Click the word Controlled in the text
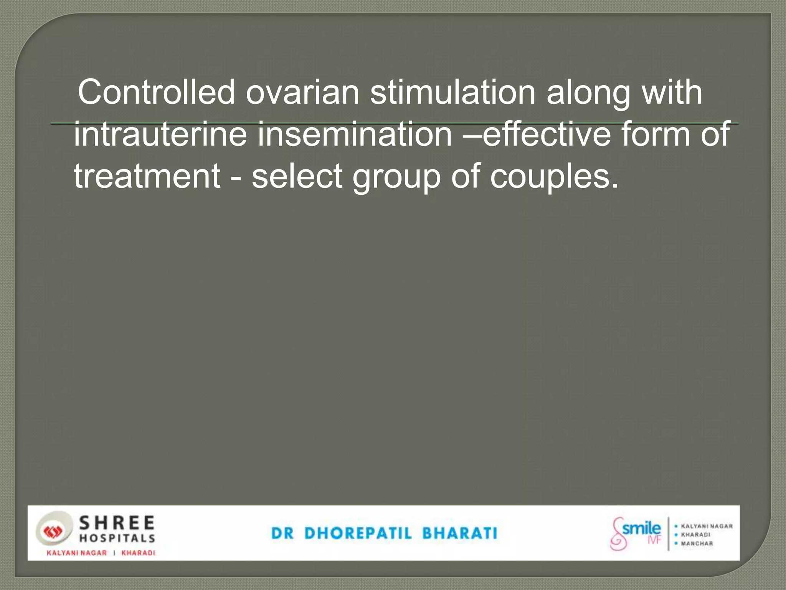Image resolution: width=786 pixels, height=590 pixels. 156,92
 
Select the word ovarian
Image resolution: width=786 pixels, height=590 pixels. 302,92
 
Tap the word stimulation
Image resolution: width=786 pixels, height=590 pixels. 452,92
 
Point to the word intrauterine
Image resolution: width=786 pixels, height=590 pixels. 160,134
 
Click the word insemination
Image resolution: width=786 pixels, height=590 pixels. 355,134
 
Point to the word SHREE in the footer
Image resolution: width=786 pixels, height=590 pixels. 117,523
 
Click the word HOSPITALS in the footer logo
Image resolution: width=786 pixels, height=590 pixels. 117,538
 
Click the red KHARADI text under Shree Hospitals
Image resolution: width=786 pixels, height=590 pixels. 138,553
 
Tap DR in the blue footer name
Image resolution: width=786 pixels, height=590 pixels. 282,533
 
